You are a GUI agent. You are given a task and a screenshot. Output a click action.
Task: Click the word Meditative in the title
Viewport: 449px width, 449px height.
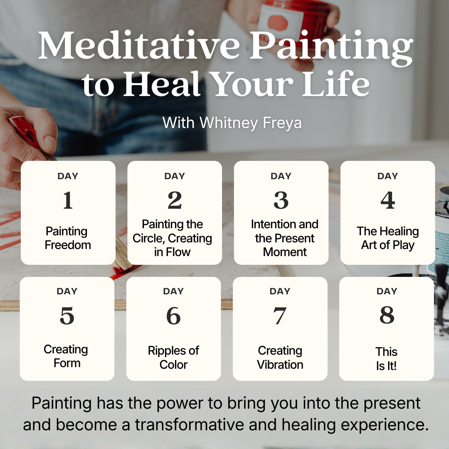pos(139,45)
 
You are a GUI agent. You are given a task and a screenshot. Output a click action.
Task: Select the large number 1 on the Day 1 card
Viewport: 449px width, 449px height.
pos(68,200)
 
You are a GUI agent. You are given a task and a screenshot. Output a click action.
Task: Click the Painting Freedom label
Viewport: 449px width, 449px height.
pos(68,238)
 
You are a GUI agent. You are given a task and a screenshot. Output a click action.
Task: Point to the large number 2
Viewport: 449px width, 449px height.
pos(175,200)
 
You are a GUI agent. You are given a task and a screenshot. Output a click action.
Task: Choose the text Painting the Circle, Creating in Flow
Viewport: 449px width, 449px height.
pos(173,238)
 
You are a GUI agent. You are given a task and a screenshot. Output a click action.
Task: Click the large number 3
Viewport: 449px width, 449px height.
pos(281,200)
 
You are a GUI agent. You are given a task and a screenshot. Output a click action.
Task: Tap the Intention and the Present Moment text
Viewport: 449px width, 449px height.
pos(285,238)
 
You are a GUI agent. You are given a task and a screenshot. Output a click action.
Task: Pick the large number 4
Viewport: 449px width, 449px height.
pos(388,200)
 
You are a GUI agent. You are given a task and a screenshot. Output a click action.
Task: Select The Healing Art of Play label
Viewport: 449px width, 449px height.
pos(388,238)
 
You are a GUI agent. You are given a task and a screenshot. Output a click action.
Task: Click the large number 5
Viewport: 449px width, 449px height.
pos(67,316)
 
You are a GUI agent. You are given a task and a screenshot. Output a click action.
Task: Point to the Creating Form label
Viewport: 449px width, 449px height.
pos(66,356)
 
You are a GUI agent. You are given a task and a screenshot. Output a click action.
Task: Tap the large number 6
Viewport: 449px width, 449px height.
pos(173,316)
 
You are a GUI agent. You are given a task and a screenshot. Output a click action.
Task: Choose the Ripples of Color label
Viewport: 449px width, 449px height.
pos(173,358)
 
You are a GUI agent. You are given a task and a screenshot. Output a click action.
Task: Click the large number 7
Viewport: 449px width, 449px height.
pos(280,316)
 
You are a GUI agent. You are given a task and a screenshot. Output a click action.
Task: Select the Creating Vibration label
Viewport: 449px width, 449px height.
pos(280,358)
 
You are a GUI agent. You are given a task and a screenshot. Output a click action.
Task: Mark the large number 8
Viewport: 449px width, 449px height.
pos(387,315)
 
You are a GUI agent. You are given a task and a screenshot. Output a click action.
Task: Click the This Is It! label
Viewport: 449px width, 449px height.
pos(387,359)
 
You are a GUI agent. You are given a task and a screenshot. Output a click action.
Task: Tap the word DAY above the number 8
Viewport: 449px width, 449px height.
pos(387,291)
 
